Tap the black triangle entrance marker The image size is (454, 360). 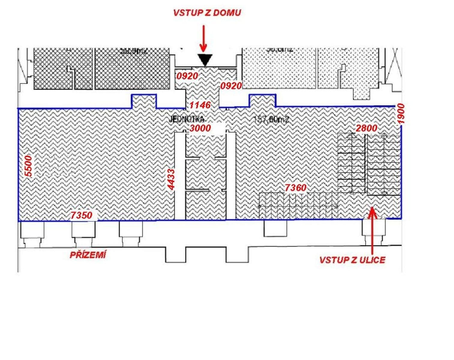(205, 60)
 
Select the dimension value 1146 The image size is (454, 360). (200, 105)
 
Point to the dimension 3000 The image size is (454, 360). (200, 128)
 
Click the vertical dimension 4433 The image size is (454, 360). (171, 179)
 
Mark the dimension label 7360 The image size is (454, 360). (295, 188)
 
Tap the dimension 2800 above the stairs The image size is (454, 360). (366, 128)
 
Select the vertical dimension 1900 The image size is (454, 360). (401, 114)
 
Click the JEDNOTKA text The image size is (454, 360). (186, 119)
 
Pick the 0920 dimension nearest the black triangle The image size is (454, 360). (187, 76)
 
